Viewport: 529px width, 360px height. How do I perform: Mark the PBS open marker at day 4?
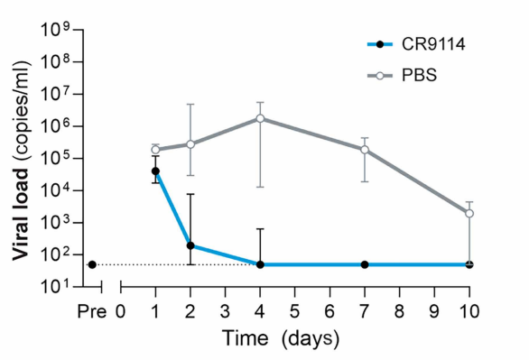tap(260, 118)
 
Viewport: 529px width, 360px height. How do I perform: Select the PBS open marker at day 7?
tap(365, 150)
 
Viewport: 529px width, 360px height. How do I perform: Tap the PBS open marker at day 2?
tap(190, 144)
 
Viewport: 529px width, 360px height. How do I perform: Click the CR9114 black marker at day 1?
tap(155, 171)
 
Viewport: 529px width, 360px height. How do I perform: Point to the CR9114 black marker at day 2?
tap(190, 245)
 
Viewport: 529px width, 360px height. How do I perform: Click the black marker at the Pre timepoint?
tap(92, 264)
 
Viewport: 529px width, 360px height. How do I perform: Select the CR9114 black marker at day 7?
tap(365, 264)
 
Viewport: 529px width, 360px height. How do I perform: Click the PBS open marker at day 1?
tap(155, 150)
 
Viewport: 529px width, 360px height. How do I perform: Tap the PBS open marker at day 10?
tap(469, 214)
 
